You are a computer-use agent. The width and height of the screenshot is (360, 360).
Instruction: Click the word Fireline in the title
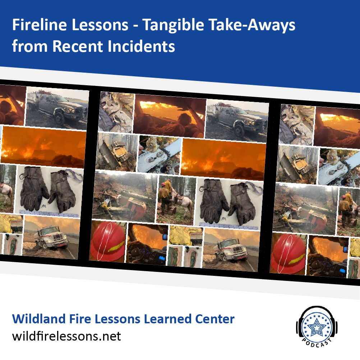pos(40,24)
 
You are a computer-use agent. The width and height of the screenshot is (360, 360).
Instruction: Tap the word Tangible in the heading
pos(173,24)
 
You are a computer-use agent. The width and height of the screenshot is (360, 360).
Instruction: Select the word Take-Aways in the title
pos(252,24)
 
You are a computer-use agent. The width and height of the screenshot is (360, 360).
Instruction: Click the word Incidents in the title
pos(142,46)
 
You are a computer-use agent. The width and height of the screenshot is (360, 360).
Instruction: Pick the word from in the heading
pos(29,46)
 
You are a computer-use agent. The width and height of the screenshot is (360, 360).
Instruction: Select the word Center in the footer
pos(215,319)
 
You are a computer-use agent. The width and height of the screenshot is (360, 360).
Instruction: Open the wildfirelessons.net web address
pos(66,336)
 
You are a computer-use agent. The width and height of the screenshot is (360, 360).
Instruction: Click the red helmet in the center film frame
pos(107,242)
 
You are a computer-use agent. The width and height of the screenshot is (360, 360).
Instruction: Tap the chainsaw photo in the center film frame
pos(159,155)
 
